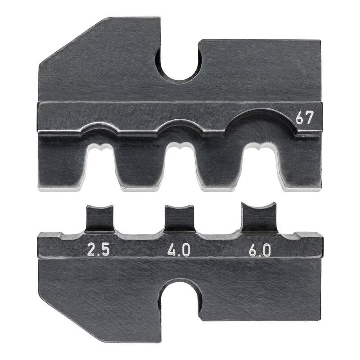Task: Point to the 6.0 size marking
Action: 260,250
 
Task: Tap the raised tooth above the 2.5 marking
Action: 100,218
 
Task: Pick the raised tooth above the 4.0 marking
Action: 179,218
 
